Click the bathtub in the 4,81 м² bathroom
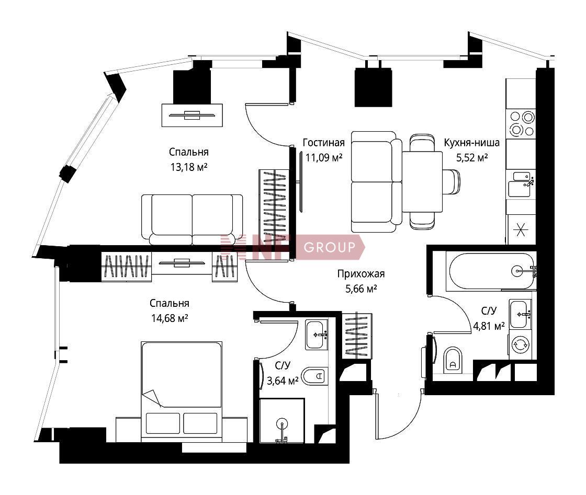pos(491,271)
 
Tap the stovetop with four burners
pos(521,124)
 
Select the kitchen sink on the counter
pos(521,184)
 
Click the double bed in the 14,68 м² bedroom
pos(182,392)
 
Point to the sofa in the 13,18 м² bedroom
pos(192,220)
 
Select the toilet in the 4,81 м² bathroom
pos(453,360)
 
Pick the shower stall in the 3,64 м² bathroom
pos(282,421)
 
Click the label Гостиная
pos(324,143)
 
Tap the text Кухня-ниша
pos(471,143)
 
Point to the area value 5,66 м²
pos(361,289)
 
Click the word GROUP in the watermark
pos(330,247)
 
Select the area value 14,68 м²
pos(170,318)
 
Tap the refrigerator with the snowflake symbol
pos(521,229)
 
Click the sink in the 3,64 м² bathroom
pos(317,335)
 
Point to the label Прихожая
pos(361,274)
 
